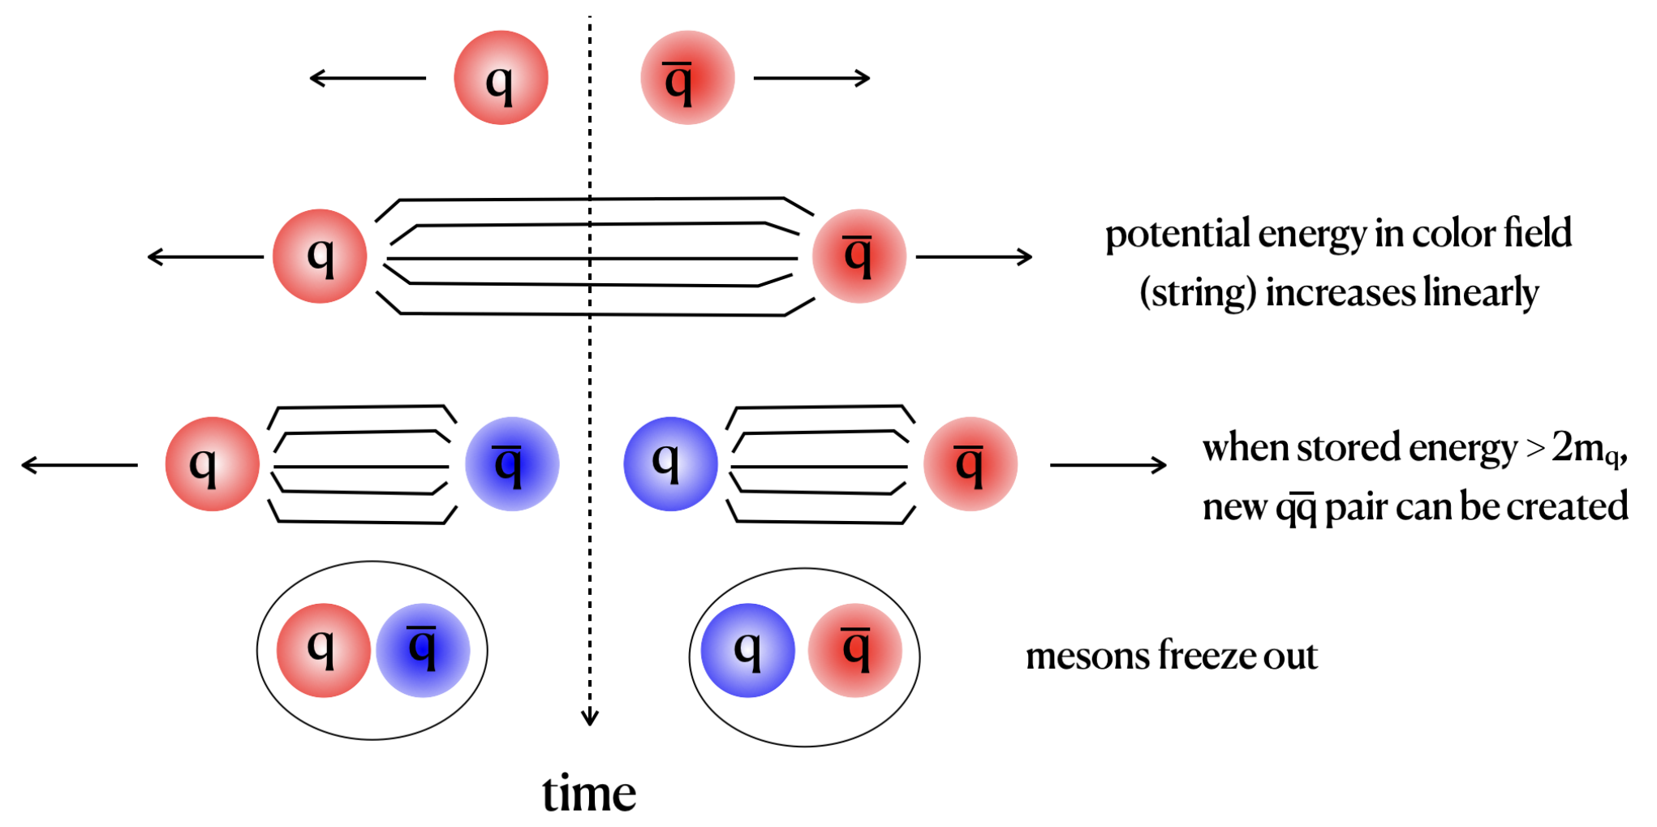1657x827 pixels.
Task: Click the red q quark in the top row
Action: click(501, 78)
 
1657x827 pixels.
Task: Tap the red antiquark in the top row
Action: click(687, 78)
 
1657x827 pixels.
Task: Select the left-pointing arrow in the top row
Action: click(368, 78)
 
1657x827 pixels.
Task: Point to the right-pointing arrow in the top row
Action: click(812, 78)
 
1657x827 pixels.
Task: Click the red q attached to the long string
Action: click(320, 256)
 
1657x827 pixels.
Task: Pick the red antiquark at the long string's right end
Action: click(859, 256)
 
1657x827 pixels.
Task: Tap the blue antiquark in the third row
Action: click(512, 464)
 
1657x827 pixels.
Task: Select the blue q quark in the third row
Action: click(670, 464)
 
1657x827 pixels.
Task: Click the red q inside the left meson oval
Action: click(324, 650)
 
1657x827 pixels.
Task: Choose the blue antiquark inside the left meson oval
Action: click(423, 650)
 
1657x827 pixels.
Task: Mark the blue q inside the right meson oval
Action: click(747, 650)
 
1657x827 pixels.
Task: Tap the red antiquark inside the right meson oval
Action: click(855, 650)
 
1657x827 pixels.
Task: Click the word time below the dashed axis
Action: click(589, 793)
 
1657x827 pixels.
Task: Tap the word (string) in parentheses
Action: click(1198, 294)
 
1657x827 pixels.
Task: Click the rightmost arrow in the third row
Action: click(1108, 465)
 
